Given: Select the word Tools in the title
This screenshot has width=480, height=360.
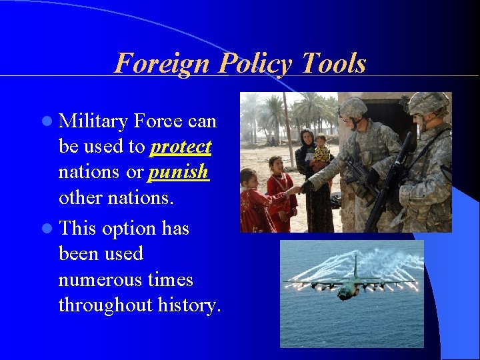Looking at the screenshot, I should (333, 63).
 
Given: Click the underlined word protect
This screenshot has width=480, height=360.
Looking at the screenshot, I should (181, 147).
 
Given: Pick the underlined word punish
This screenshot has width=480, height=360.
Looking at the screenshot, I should (178, 172).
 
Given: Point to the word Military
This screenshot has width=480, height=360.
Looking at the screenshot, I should (93, 121).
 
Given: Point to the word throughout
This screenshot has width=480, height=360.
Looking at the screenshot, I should (105, 305).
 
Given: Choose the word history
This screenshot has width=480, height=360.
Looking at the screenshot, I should (189, 305).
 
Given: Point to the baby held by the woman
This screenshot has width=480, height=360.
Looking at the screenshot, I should (321, 149).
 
